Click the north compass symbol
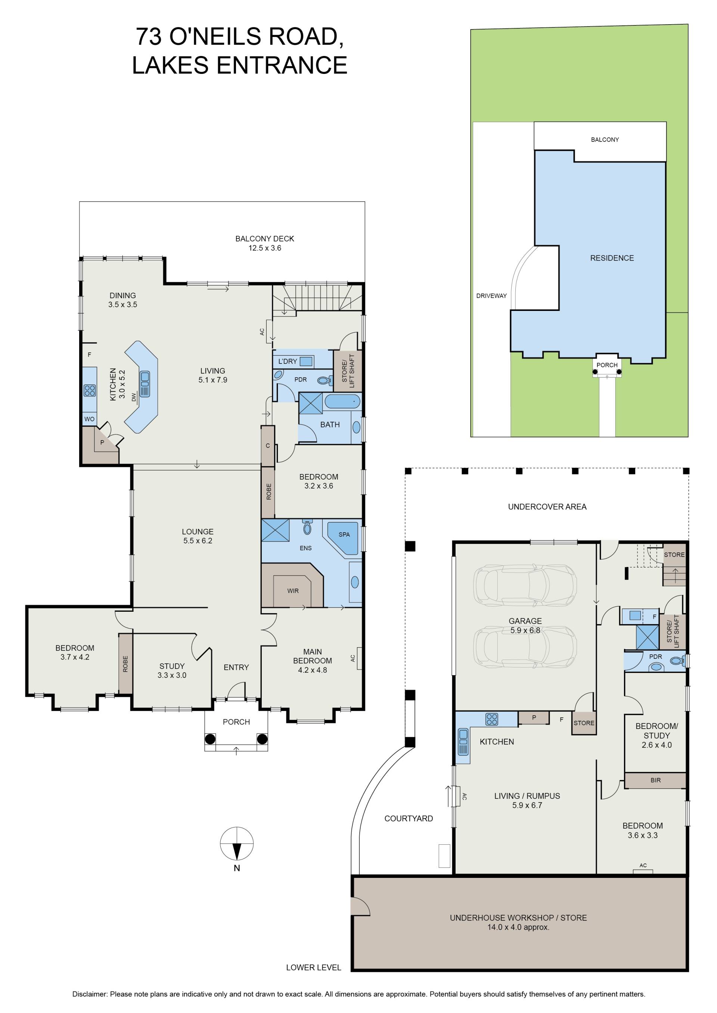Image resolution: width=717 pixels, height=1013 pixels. pyautogui.click(x=237, y=843)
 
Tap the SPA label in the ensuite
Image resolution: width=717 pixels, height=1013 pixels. pyautogui.click(x=344, y=534)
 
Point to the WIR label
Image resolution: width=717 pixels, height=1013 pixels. pyautogui.click(x=293, y=591)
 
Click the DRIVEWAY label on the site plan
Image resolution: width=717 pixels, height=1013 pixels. pyautogui.click(x=491, y=296)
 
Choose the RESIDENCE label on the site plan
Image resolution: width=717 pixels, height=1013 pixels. pyautogui.click(x=612, y=258)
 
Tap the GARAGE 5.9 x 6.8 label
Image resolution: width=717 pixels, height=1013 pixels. pyautogui.click(x=525, y=626)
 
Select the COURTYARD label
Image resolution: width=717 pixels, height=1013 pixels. pyautogui.click(x=409, y=819)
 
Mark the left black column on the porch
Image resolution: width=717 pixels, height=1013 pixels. pyautogui.click(x=210, y=739)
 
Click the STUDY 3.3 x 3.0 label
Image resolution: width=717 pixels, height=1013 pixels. pyautogui.click(x=172, y=671)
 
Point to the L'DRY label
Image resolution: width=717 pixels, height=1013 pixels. pyautogui.click(x=288, y=361)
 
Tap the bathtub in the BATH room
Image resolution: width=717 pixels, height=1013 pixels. pyautogui.click(x=342, y=402)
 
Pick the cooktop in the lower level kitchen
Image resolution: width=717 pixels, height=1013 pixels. pyautogui.click(x=491, y=720)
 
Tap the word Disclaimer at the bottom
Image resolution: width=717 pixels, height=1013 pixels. pyautogui.click(x=90, y=994)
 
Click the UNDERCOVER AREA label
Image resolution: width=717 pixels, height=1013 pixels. pyautogui.click(x=547, y=506)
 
